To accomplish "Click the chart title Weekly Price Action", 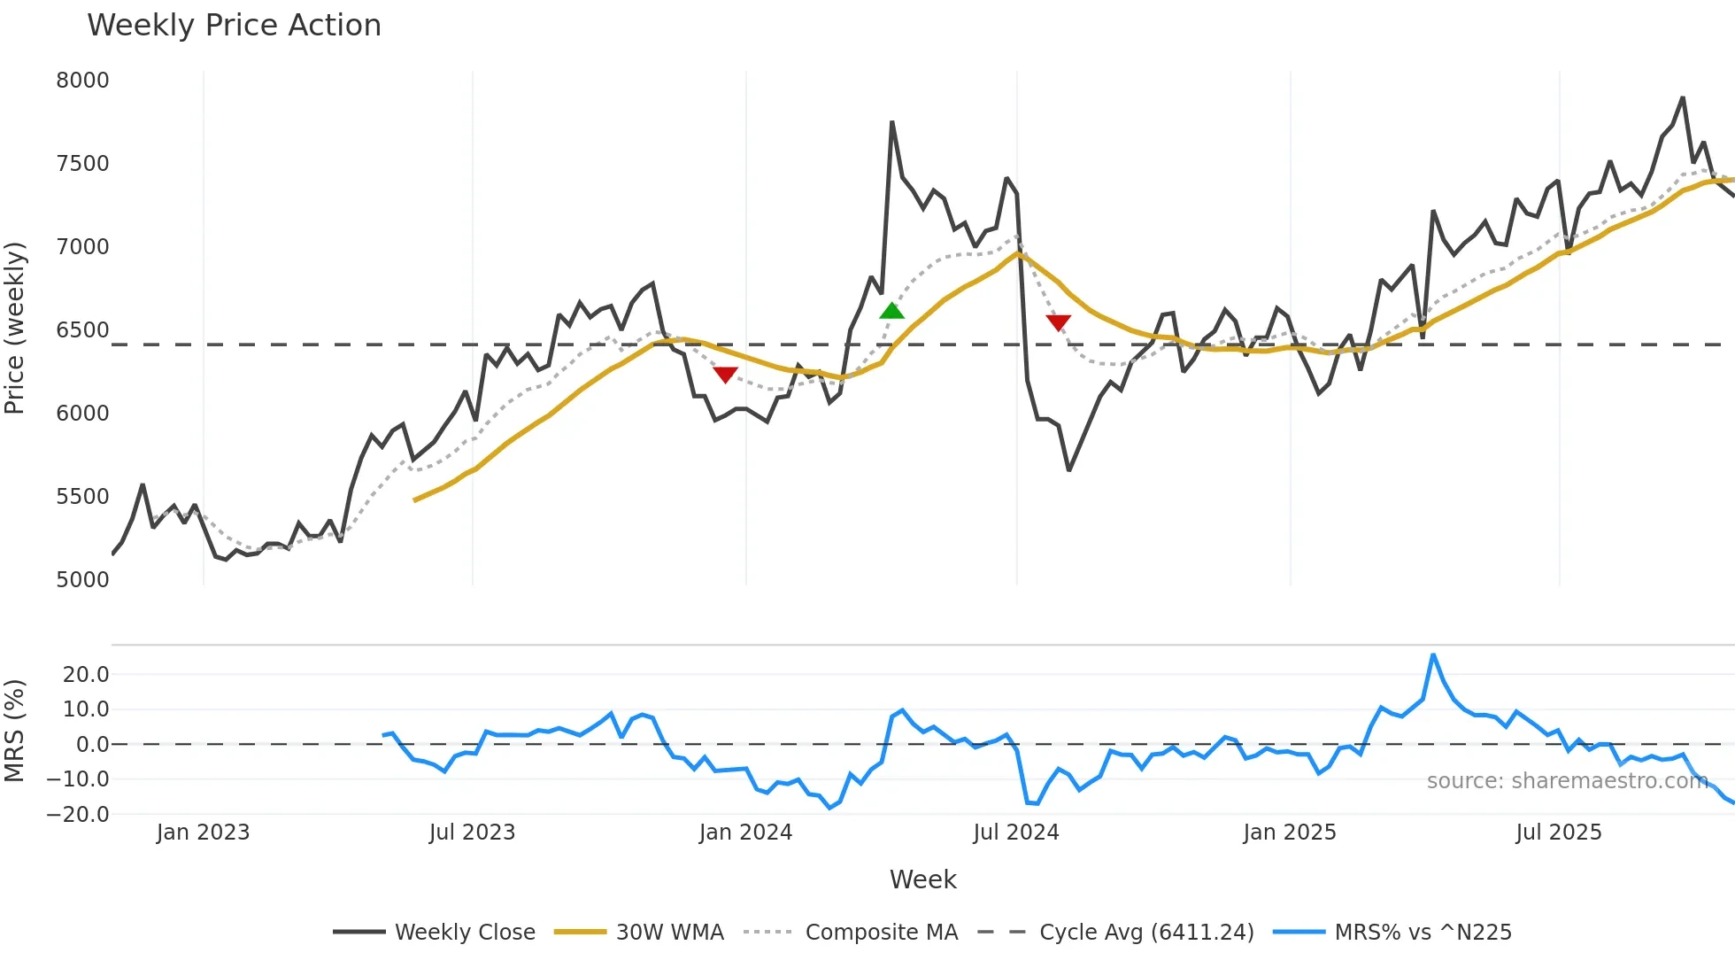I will pyautogui.click(x=234, y=26).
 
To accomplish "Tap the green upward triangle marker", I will pyautogui.click(x=891, y=310).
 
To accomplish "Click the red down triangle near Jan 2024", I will pyautogui.click(x=725, y=376).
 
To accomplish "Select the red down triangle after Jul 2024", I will pyautogui.click(x=1058, y=322).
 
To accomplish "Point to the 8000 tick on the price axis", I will pyautogui.click(x=82, y=81).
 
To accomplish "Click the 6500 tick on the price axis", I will pyautogui.click(x=82, y=330).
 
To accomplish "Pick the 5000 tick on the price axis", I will pyautogui.click(x=82, y=580).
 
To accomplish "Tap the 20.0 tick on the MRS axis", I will pyautogui.click(x=86, y=675).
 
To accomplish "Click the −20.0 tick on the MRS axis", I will pyautogui.click(x=78, y=815).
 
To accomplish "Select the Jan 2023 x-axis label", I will pyautogui.click(x=203, y=833).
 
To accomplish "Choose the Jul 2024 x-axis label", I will pyautogui.click(x=1015, y=833).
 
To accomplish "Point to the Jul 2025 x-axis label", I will pyautogui.click(x=1558, y=833).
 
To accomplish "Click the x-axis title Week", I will pyautogui.click(x=922, y=879).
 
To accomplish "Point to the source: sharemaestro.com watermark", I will pyautogui.click(x=1567, y=781).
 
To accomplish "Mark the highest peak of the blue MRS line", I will pyautogui.click(x=1433, y=655).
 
